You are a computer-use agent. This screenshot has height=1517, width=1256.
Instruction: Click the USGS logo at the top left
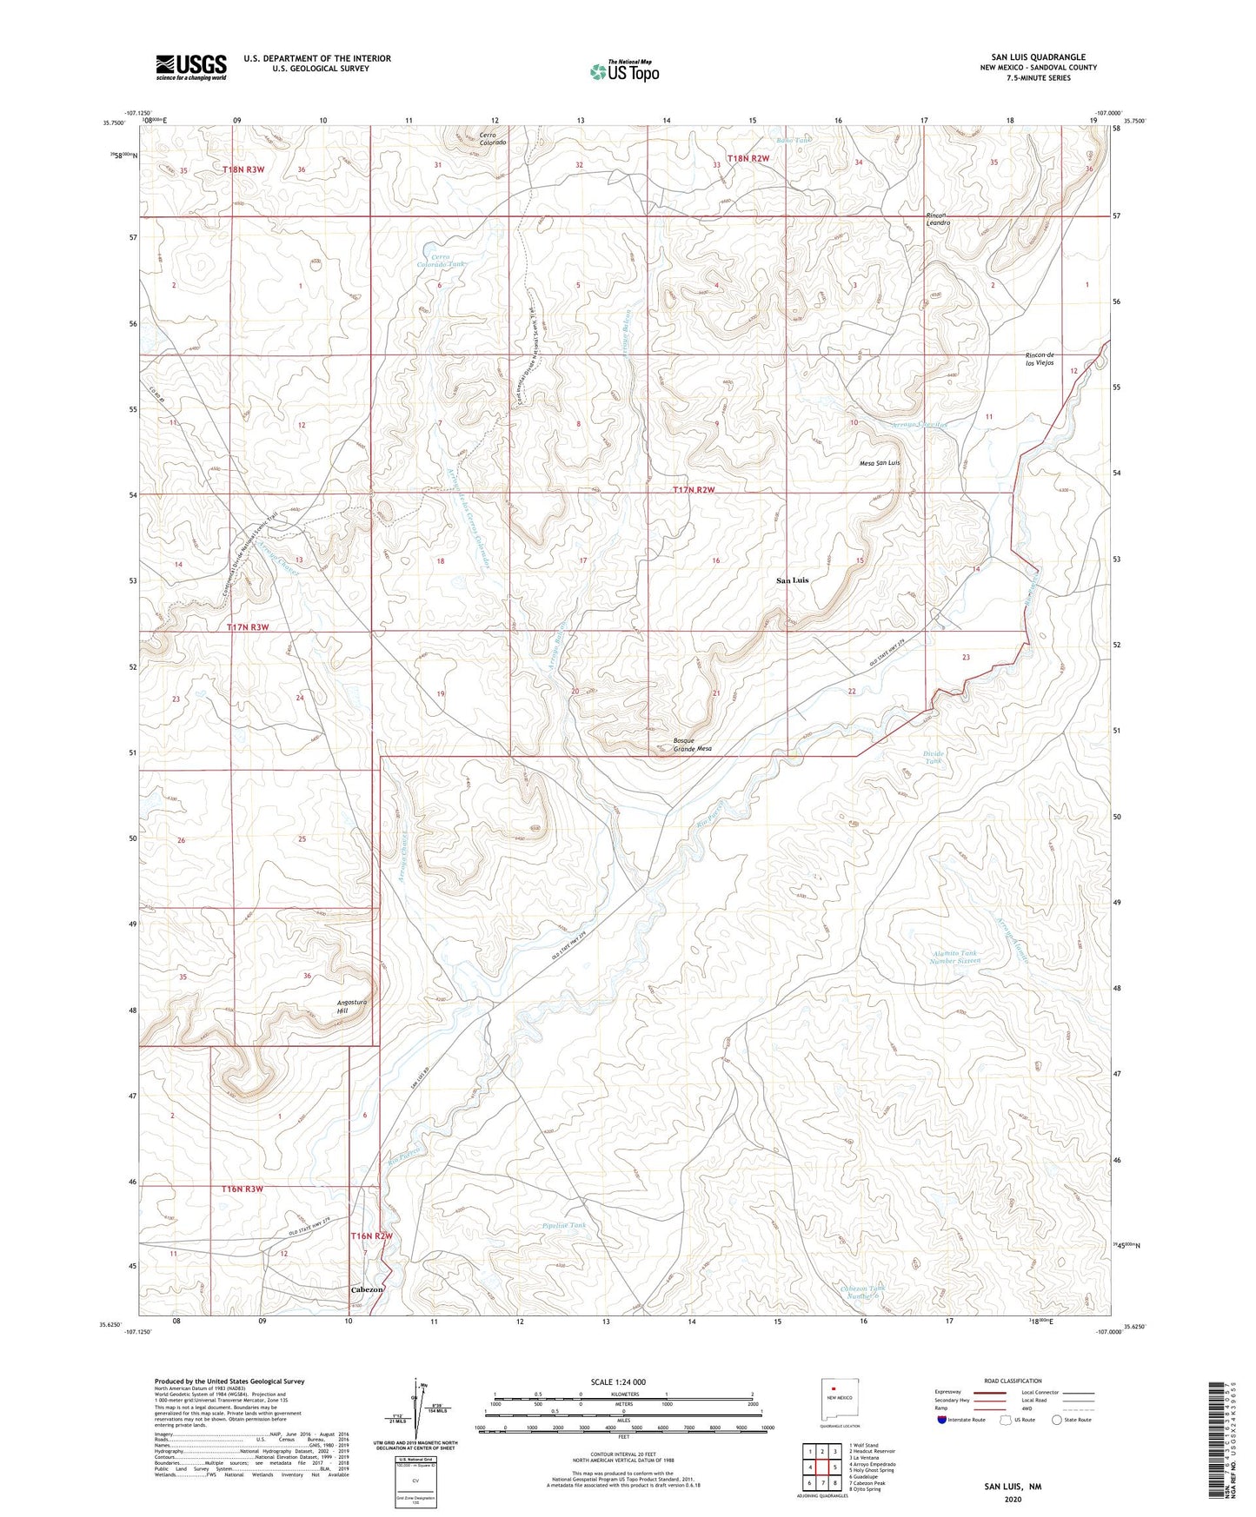point(191,67)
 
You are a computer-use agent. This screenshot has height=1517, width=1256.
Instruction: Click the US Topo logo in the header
point(624,71)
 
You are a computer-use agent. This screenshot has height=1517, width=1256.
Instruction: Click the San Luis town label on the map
point(792,580)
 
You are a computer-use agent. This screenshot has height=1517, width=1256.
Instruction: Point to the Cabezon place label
point(366,1289)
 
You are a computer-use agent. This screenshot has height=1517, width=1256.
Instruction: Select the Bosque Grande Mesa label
point(692,745)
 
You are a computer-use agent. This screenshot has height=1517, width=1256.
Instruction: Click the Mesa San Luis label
point(874,463)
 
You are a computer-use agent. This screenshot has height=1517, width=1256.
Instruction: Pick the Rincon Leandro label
point(937,219)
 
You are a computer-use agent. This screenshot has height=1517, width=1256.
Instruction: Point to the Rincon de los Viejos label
point(1040,358)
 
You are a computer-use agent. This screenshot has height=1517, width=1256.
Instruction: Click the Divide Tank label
point(932,758)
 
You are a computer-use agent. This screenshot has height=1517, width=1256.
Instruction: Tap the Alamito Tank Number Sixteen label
point(954,957)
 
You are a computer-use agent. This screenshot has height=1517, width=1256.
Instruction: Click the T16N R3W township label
point(242,1189)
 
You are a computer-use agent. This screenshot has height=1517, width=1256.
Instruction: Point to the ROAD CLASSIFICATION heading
point(1013,1381)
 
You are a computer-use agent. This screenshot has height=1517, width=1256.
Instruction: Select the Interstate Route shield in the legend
point(943,1420)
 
